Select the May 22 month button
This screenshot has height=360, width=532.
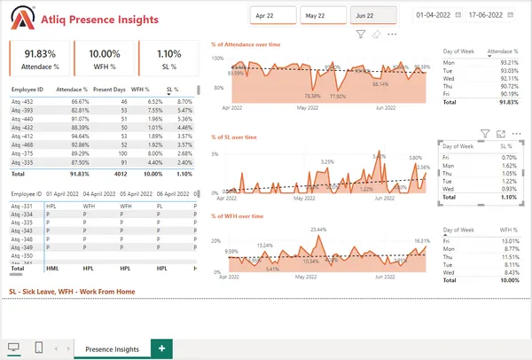tap(323, 16)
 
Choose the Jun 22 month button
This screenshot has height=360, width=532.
tap(372, 16)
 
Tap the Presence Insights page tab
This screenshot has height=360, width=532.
tap(111, 349)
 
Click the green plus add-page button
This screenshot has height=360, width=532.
tap(161, 349)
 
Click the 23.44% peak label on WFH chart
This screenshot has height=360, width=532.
tap(318, 229)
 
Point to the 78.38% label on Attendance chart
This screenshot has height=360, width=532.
tap(311, 96)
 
